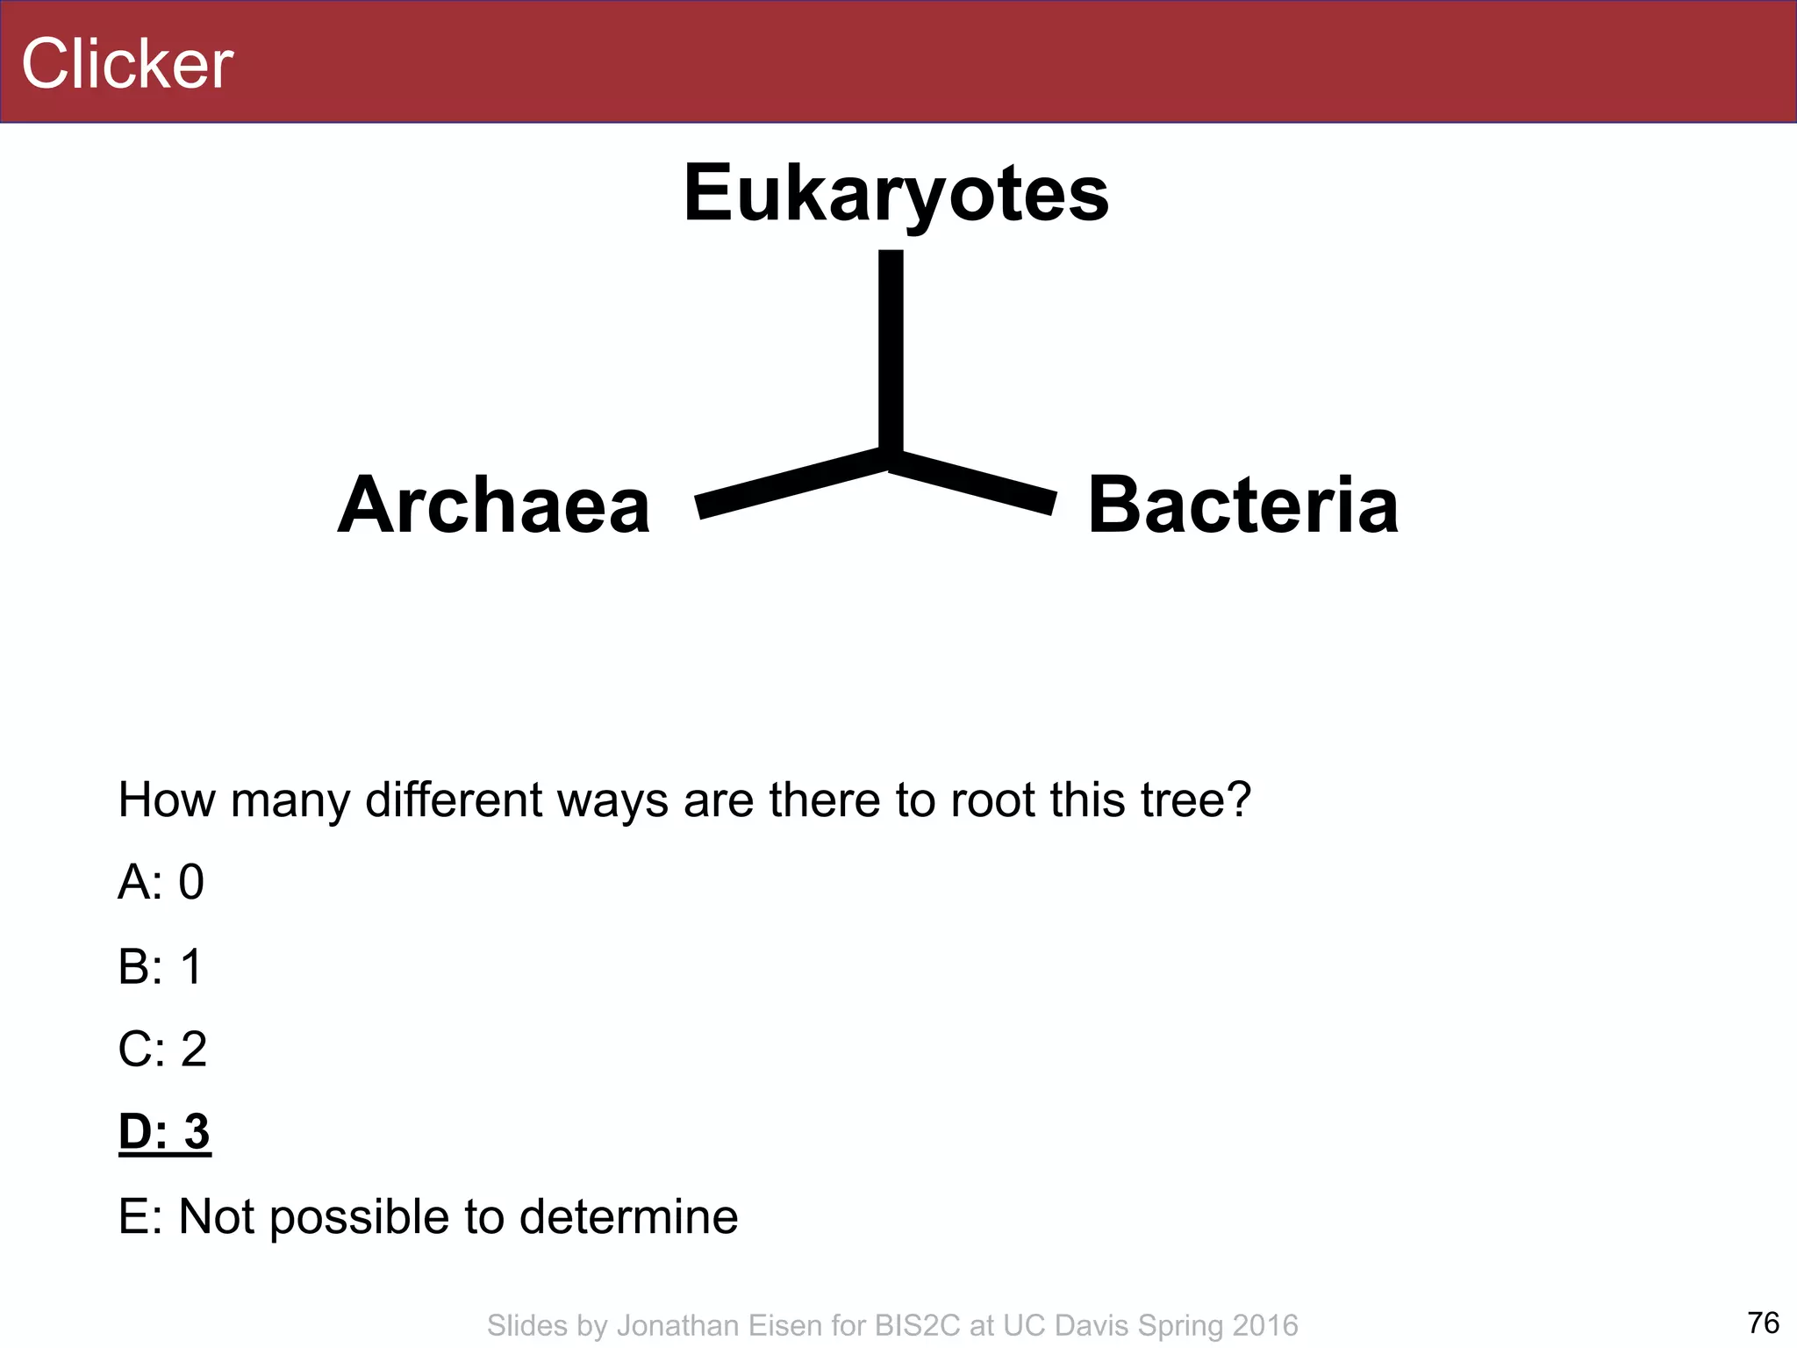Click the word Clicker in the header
[127, 64]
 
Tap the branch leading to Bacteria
[974, 481]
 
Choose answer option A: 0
[161, 882]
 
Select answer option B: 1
[161, 966]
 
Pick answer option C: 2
[163, 1049]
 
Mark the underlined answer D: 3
[165, 1131]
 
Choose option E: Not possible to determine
[428, 1216]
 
